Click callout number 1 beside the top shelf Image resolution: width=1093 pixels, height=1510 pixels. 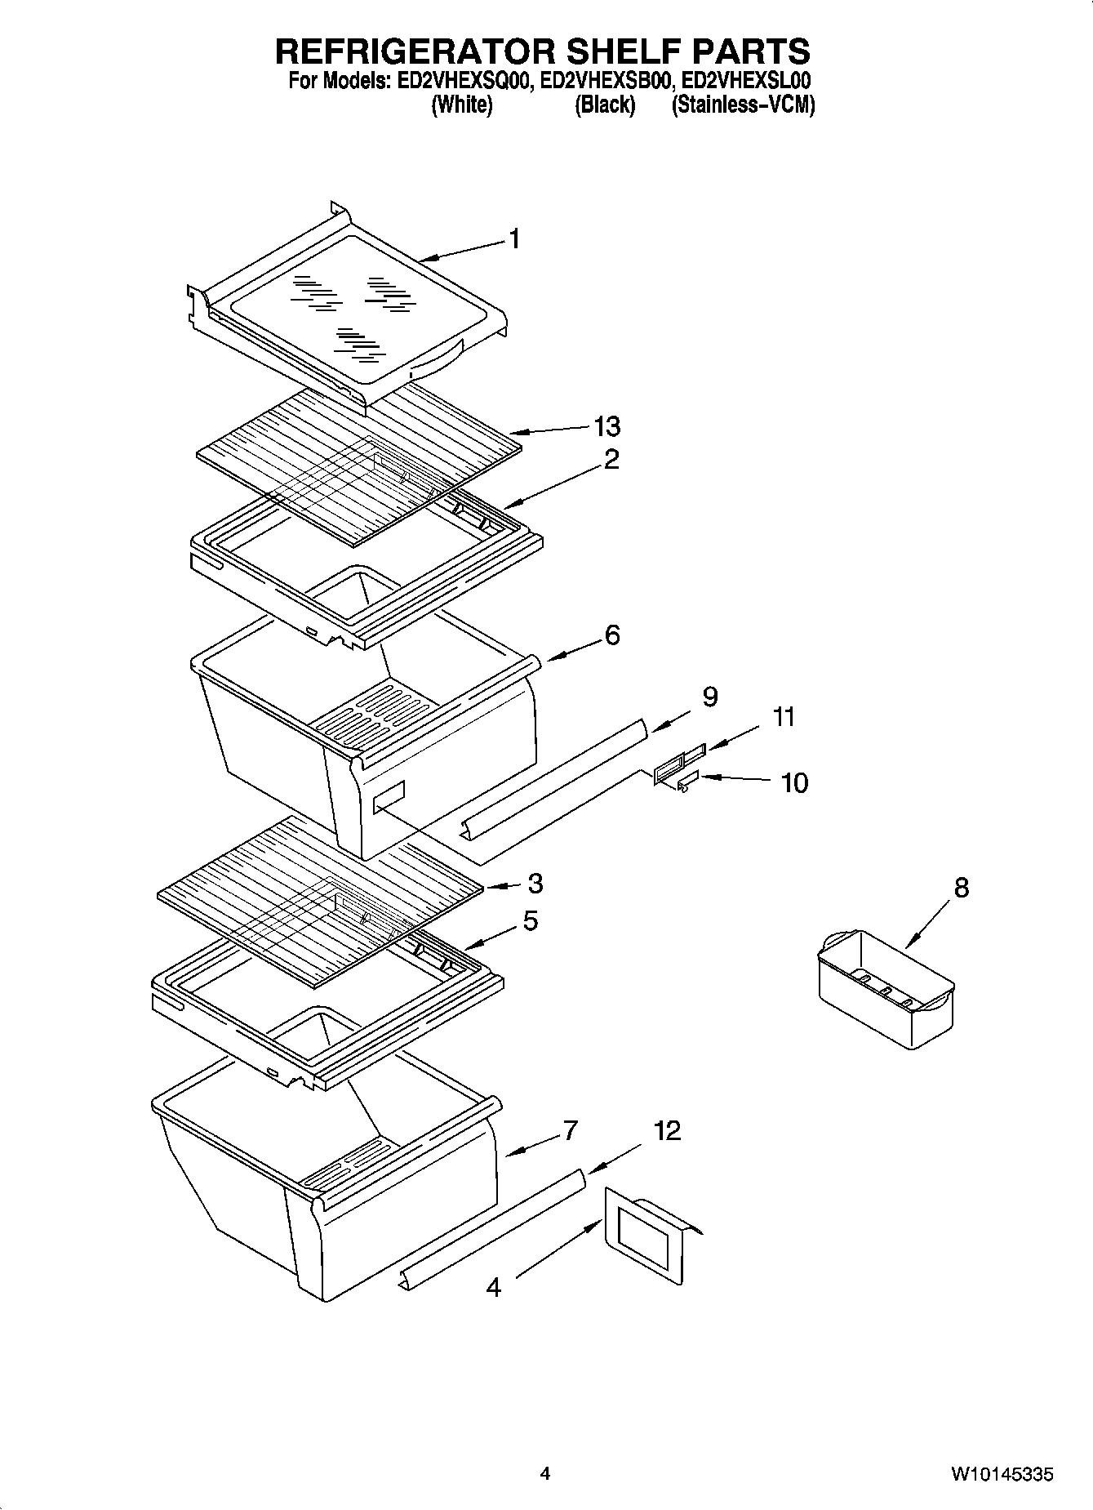(x=514, y=238)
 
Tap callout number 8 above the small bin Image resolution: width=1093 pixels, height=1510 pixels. (x=961, y=887)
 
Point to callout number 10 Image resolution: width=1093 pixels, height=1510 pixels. (x=793, y=782)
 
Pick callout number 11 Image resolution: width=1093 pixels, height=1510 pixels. (x=784, y=717)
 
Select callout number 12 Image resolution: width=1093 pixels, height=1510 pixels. (x=667, y=1130)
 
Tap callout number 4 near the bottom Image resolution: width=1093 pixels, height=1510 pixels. (x=493, y=1287)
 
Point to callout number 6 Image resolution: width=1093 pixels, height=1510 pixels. (x=612, y=635)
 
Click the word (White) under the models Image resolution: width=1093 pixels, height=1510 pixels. (x=461, y=105)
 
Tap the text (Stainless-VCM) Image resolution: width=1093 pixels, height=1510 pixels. (x=743, y=105)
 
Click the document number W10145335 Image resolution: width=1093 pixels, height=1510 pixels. (x=1001, y=1474)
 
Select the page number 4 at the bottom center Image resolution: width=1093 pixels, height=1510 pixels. (x=545, y=1474)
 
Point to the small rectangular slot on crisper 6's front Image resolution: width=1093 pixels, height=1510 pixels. (x=389, y=796)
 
